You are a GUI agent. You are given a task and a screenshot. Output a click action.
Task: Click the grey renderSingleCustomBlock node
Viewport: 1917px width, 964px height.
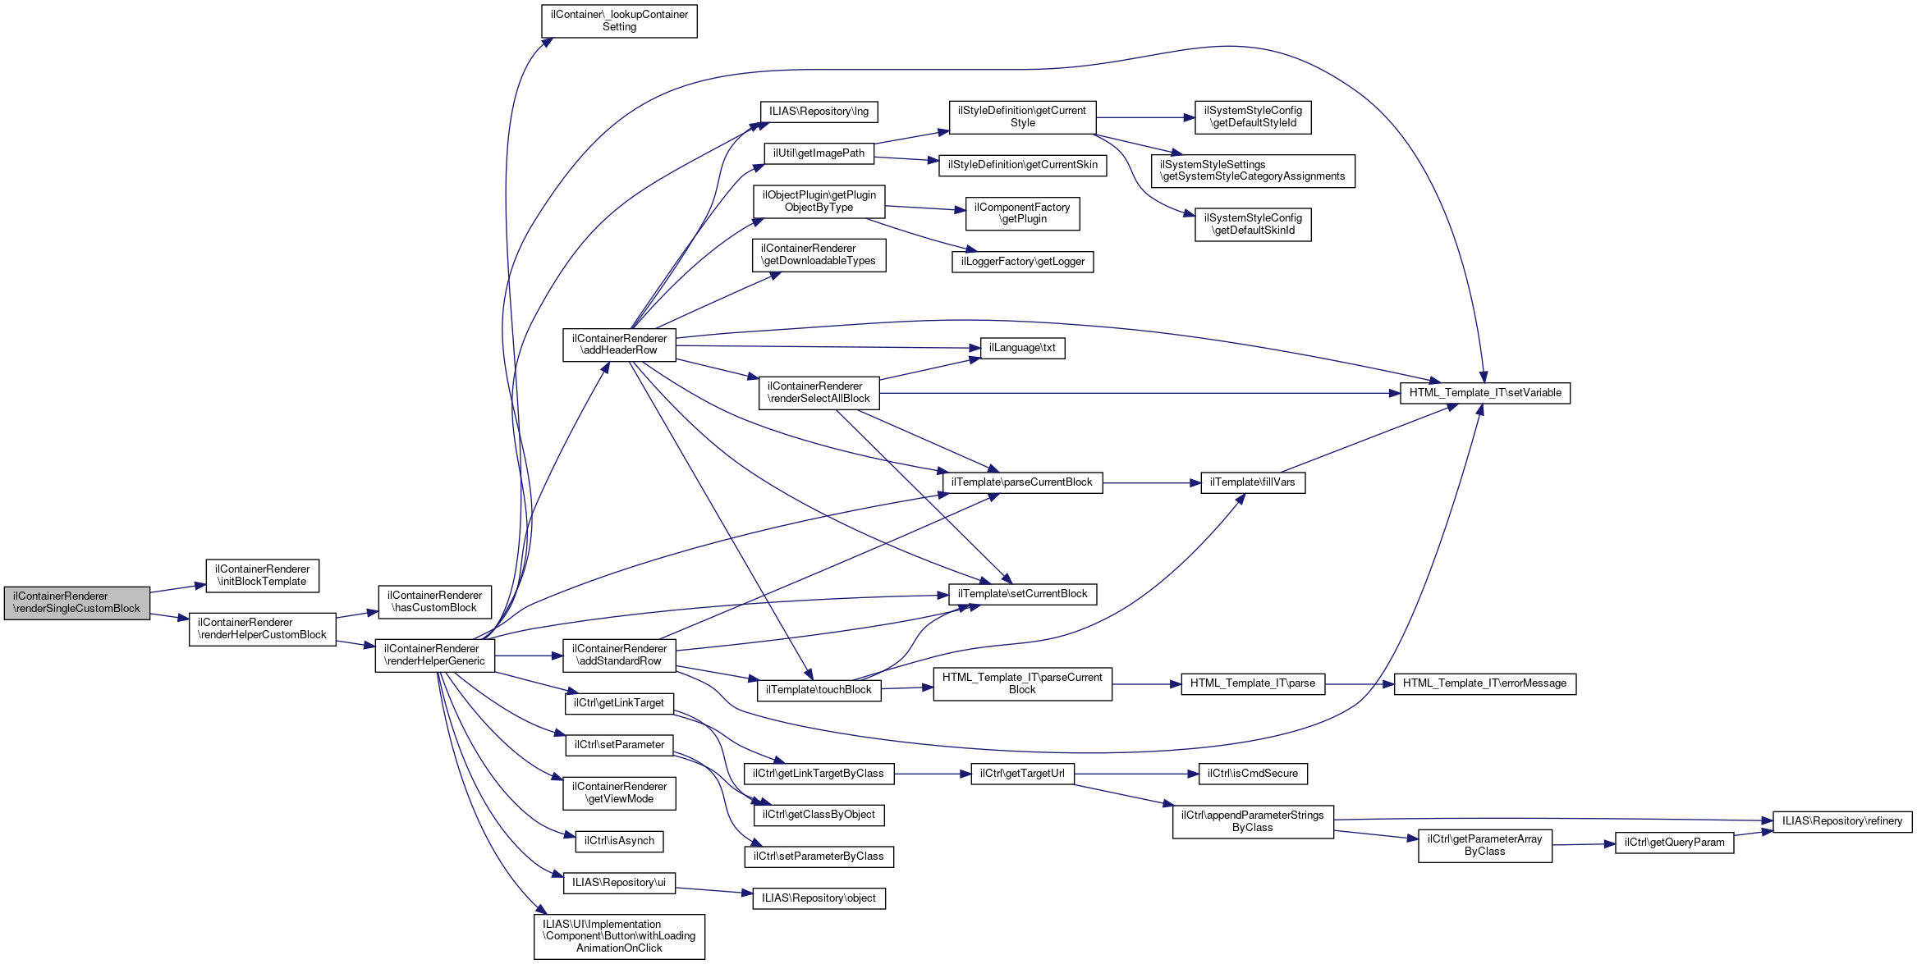pyautogui.click(x=76, y=603)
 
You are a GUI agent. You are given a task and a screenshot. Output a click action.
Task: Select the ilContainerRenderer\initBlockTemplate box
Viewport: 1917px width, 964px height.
pyautogui.click(x=262, y=576)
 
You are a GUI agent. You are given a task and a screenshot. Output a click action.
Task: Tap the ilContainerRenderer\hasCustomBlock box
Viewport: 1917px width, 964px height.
pyautogui.click(x=434, y=602)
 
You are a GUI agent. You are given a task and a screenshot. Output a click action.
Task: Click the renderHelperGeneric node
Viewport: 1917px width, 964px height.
pyautogui.click(x=434, y=656)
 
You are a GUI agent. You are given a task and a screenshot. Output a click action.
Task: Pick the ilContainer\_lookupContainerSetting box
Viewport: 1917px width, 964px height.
pyautogui.click(x=619, y=21)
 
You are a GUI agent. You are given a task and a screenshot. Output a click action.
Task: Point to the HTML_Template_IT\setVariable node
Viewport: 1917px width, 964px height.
pyautogui.click(x=1484, y=393)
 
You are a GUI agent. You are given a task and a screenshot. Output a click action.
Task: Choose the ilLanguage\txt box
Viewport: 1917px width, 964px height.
pyautogui.click(x=1022, y=348)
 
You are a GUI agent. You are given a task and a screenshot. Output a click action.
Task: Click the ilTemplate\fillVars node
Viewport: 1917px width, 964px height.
pyautogui.click(x=1252, y=482)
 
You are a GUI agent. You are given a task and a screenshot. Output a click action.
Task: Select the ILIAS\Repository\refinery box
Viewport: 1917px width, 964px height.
pyautogui.click(x=1841, y=821)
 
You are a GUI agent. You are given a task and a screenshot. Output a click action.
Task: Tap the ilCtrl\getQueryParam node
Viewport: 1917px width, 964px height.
pyautogui.click(x=1674, y=843)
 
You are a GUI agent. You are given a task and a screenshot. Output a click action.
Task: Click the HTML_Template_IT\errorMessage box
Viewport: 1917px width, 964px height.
pyautogui.click(x=1484, y=683)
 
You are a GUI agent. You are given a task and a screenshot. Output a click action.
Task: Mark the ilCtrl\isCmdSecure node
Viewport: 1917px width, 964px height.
pyautogui.click(x=1252, y=774)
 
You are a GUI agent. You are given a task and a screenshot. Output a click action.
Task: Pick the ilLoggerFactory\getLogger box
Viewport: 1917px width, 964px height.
pyautogui.click(x=1022, y=262)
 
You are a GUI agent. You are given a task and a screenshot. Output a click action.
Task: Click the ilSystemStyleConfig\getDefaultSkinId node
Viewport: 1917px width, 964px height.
pyautogui.click(x=1252, y=225)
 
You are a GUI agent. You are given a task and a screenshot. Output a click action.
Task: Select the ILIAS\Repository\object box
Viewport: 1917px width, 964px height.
pyautogui.click(x=819, y=898)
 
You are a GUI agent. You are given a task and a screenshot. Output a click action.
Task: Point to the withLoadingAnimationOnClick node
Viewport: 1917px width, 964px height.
pyautogui.click(x=619, y=936)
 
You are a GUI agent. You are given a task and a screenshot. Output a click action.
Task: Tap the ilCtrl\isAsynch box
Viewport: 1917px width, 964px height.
pyautogui.click(x=619, y=841)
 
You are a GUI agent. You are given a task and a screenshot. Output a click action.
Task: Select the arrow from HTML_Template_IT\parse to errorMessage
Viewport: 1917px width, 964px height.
pyautogui.click(x=1360, y=683)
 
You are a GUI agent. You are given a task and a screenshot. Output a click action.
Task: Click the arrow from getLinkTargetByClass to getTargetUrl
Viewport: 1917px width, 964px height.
pyautogui.click(x=933, y=774)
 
